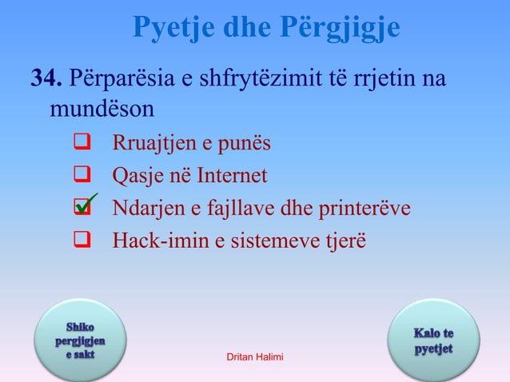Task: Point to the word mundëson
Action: [101, 107]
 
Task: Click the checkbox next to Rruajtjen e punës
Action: [80, 144]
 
